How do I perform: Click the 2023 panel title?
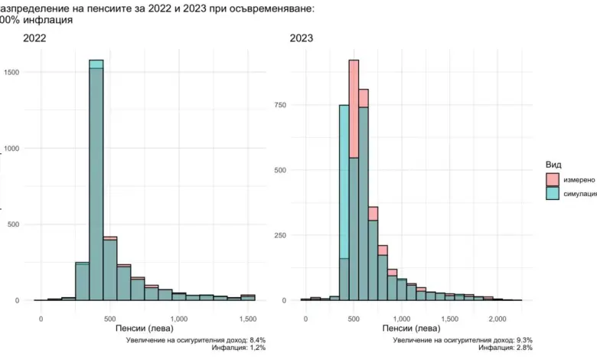pos(302,38)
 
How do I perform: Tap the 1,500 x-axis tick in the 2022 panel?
pos(248,317)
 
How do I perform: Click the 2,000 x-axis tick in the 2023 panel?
pos(497,317)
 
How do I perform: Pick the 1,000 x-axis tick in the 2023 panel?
pos(401,317)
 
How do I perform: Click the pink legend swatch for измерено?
pos(552,179)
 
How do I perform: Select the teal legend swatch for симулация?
pos(552,194)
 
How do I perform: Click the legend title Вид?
pos(555,165)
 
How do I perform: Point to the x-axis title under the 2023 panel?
pos(413,328)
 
